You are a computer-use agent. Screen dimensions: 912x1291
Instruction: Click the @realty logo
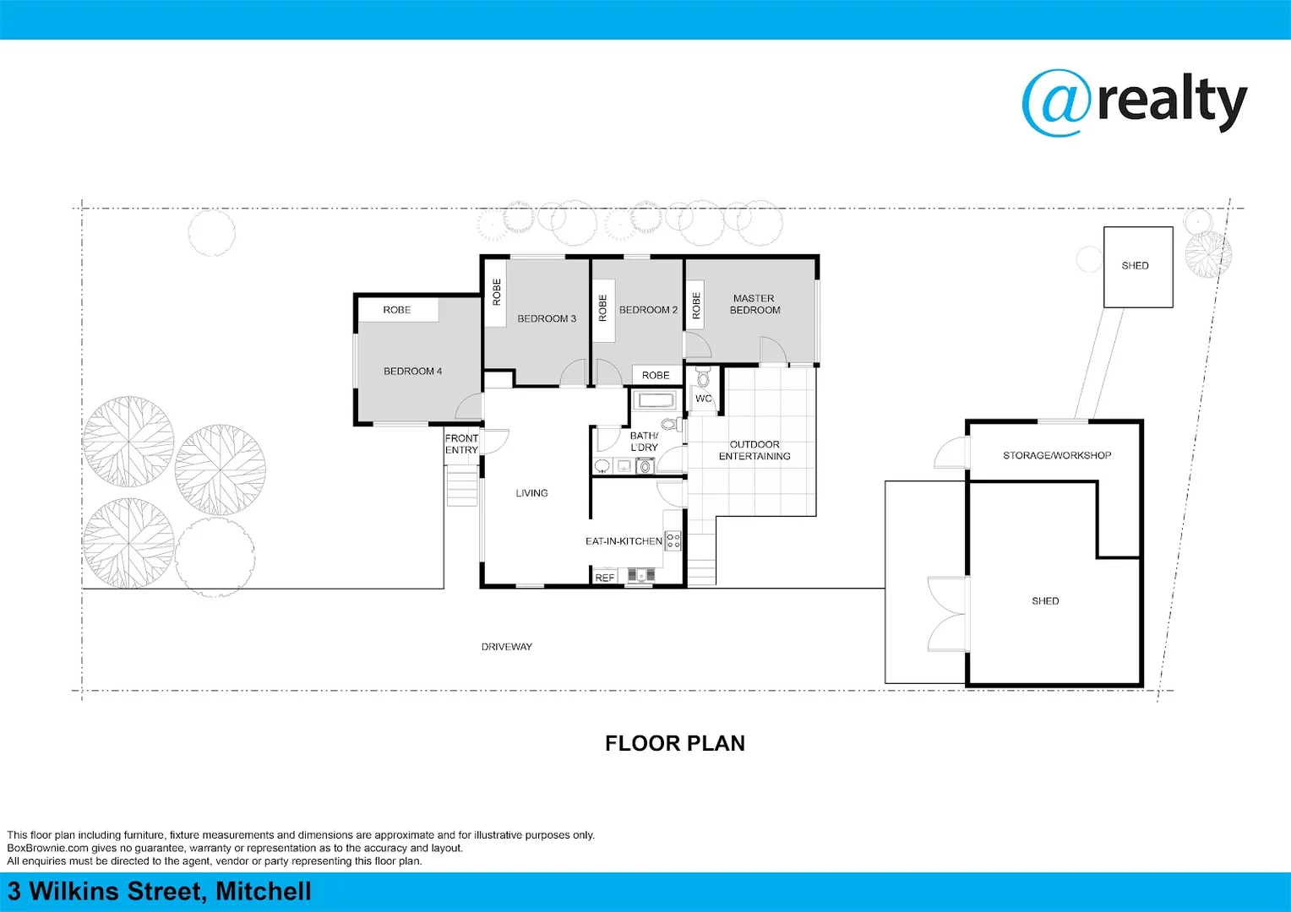point(1134,103)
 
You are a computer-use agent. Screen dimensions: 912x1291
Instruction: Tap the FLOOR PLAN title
point(674,743)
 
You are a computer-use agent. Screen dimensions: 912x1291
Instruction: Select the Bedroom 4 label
point(412,371)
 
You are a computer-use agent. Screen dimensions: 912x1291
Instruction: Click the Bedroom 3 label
point(547,318)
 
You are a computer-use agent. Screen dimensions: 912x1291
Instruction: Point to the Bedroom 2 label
point(648,310)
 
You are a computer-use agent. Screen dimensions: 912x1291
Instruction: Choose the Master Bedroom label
point(754,304)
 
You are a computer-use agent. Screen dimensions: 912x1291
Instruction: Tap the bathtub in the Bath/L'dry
point(655,399)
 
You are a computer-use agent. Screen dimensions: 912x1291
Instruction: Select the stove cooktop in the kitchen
point(673,540)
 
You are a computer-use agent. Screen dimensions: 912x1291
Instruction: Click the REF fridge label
point(605,578)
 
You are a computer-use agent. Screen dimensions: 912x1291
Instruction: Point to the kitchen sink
point(641,575)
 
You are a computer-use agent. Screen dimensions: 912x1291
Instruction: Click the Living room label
point(531,493)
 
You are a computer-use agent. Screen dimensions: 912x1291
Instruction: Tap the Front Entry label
point(461,444)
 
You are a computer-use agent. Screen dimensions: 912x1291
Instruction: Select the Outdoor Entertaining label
point(754,450)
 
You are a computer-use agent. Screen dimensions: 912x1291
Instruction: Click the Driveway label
point(507,647)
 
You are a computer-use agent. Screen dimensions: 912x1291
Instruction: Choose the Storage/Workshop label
point(1057,455)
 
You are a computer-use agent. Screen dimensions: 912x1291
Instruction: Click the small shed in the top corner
point(1137,266)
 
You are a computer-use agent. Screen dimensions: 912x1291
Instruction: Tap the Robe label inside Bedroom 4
point(396,310)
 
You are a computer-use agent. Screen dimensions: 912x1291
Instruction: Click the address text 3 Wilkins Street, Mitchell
point(160,892)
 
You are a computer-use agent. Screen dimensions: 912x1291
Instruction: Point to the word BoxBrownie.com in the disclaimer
point(47,848)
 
